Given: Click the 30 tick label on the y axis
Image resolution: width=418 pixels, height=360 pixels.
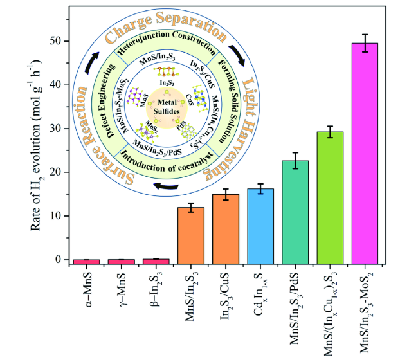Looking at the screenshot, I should tap(59, 129).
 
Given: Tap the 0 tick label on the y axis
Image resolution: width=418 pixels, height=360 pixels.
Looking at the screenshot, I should tap(62, 260).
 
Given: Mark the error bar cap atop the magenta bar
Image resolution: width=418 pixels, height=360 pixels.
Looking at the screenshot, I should tap(369, 35).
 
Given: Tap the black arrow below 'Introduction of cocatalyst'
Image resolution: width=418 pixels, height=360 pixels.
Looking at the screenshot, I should tap(165, 187).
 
